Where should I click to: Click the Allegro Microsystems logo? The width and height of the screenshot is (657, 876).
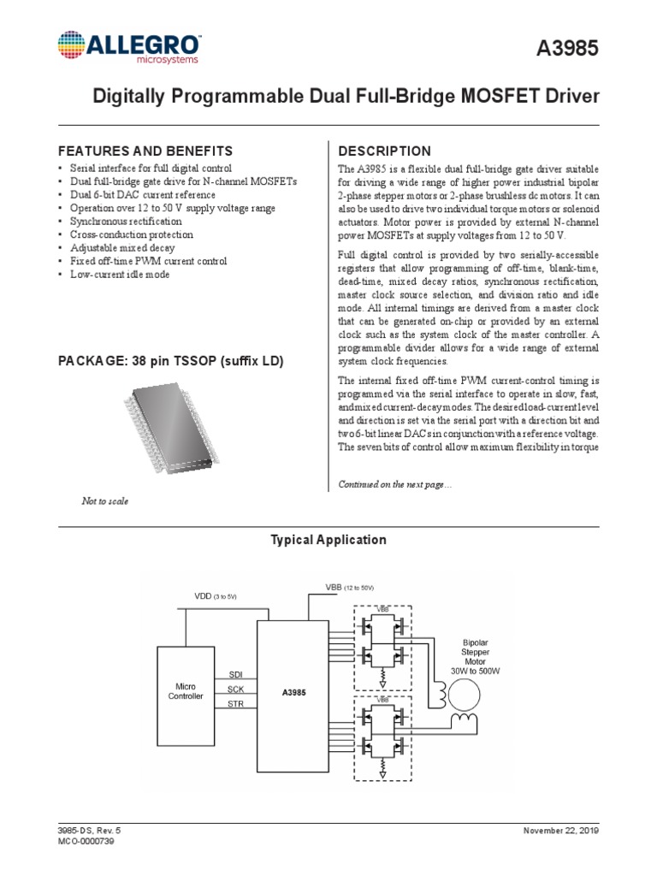coord(130,48)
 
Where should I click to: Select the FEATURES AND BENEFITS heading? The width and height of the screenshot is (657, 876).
coord(145,150)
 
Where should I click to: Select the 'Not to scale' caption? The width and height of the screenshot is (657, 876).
coord(104,500)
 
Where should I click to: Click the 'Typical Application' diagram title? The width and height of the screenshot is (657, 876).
coord(328,540)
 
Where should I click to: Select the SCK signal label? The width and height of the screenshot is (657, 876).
coord(237,689)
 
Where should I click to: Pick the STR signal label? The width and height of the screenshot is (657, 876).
coord(237,704)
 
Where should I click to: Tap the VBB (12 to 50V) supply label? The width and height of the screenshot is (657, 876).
coord(350,588)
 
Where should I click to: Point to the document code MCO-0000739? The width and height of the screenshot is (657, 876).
coord(86,842)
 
